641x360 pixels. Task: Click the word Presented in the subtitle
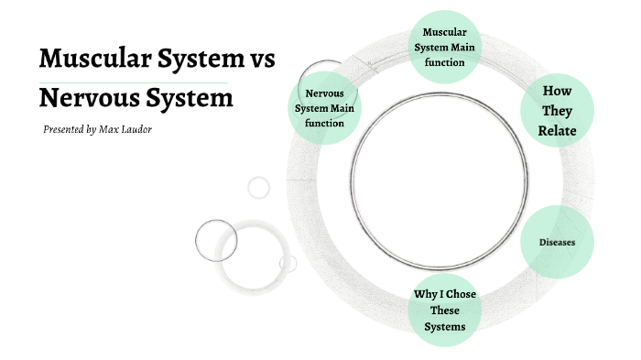point(64,129)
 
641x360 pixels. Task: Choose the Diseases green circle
point(557,243)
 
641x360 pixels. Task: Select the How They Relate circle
point(557,110)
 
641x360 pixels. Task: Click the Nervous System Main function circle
point(324,108)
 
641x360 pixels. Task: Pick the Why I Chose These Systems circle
point(445,310)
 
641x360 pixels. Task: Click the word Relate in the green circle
point(557,129)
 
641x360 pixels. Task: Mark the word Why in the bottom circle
point(426,294)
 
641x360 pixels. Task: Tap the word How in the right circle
point(557,91)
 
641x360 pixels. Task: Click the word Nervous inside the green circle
point(324,93)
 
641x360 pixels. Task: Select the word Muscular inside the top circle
point(445,33)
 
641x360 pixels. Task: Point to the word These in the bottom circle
point(445,311)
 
